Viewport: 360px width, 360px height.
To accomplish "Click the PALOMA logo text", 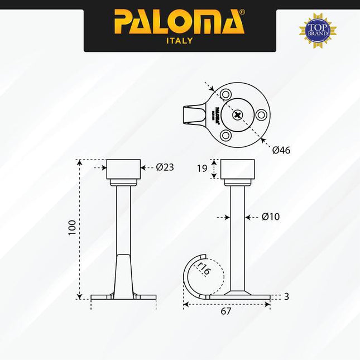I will (179, 22).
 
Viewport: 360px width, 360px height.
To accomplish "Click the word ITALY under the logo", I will (179, 41).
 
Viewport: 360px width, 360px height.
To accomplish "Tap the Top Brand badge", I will (318, 29).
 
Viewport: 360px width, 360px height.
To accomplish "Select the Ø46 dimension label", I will (281, 150).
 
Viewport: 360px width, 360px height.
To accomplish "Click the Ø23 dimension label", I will (165, 167).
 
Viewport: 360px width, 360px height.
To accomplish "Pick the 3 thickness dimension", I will (286, 297).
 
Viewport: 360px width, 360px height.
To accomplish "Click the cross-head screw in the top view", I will (239, 115).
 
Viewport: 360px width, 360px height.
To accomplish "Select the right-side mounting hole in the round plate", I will (261, 115).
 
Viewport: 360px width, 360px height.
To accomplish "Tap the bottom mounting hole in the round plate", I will (225, 135).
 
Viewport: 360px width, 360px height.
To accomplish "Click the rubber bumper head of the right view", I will (238, 169).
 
